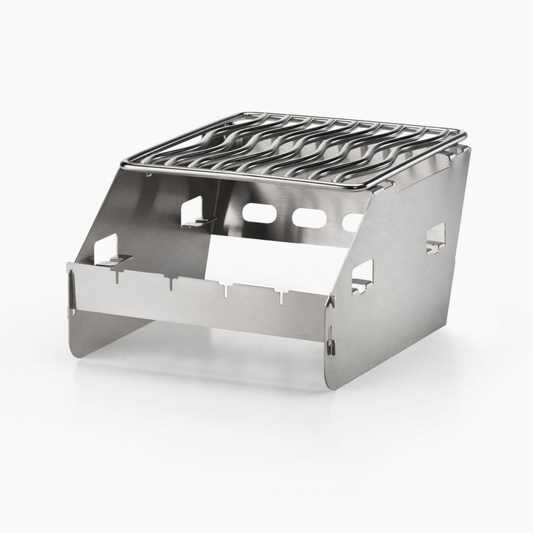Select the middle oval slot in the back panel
click(309, 218)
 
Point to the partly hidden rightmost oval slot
click(353, 221)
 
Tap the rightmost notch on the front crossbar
click(282, 297)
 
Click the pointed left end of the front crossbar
click(69, 274)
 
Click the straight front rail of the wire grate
click(252, 175)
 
